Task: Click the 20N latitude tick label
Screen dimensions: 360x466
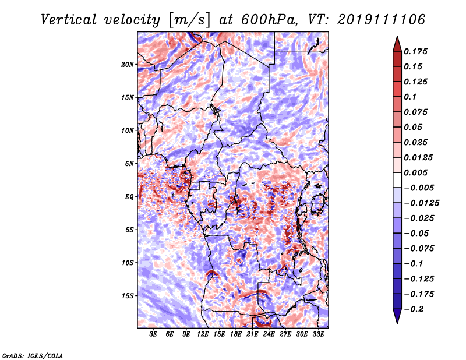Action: [x=128, y=64]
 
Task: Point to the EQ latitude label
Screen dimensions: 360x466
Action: [x=129, y=197]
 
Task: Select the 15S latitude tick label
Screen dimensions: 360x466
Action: [x=128, y=296]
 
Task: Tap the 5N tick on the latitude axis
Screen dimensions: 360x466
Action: [x=129, y=164]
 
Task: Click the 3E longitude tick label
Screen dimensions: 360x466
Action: [x=154, y=335]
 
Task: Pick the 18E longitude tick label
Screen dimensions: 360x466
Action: [x=236, y=335]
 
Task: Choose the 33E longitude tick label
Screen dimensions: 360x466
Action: [x=318, y=335]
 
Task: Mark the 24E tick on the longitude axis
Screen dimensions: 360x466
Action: [x=269, y=335]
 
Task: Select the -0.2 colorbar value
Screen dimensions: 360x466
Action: [x=414, y=309]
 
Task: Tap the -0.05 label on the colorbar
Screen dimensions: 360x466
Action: [x=416, y=233]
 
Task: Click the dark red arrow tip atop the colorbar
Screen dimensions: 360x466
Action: [x=396, y=41]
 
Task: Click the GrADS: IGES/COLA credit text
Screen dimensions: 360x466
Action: [x=33, y=355]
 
